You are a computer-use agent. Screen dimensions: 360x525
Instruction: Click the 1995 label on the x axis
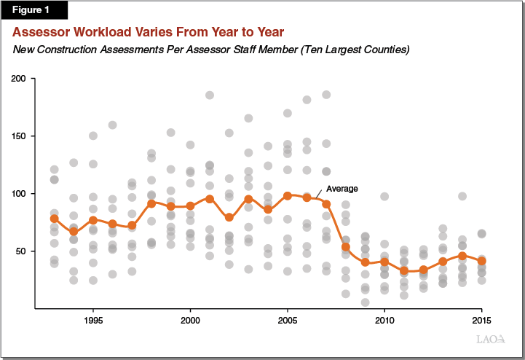(93, 320)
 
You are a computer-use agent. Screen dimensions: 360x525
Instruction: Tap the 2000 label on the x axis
(190, 320)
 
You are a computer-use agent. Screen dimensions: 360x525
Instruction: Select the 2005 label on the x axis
(288, 320)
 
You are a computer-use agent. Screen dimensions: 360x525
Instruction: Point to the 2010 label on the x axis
(384, 320)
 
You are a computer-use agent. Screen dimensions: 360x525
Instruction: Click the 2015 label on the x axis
(482, 320)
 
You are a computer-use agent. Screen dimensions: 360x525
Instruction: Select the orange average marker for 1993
(54, 219)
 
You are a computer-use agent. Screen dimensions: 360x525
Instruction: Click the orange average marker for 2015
(482, 261)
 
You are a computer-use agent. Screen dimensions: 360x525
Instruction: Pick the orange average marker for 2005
(288, 195)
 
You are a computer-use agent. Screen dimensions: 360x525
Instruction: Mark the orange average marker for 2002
(229, 217)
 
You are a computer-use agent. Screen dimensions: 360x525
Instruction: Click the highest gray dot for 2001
(210, 95)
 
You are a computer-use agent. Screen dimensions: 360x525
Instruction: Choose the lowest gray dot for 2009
(366, 302)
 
